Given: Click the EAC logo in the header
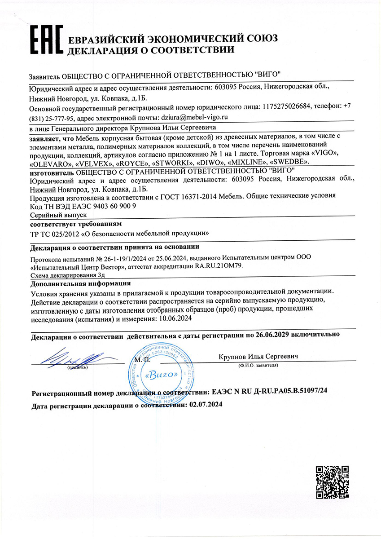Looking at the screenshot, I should pyautogui.click(x=45, y=42).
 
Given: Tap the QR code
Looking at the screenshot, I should pyautogui.click(x=333, y=482).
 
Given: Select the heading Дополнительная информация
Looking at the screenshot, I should pyautogui.click(x=80, y=284).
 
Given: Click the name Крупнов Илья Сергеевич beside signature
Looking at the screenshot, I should pyautogui.click(x=258, y=357).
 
